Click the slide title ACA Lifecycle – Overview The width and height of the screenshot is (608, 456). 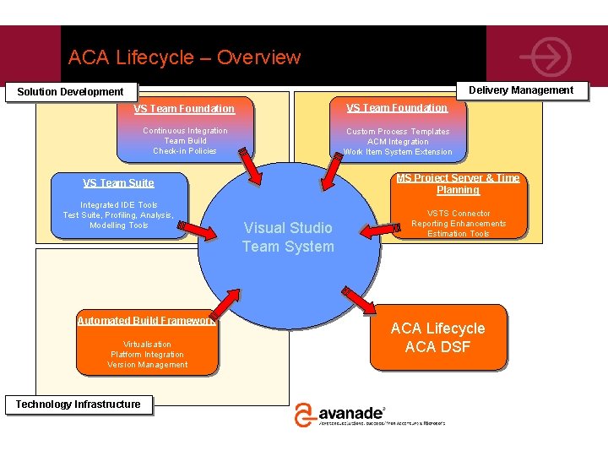tap(184, 57)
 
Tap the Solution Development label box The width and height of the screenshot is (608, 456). tap(71, 91)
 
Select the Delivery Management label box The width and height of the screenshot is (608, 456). tap(520, 90)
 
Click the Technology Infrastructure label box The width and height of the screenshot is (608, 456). tap(78, 404)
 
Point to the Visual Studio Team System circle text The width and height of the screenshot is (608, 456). tap(288, 237)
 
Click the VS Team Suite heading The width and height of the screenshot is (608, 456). tap(118, 182)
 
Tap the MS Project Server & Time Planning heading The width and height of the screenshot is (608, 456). tap(458, 184)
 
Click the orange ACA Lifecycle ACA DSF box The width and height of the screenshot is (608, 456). tap(437, 338)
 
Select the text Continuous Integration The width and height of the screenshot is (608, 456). tap(185, 131)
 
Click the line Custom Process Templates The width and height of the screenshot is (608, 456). tap(398, 132)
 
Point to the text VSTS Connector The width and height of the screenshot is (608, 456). tap(459, 214)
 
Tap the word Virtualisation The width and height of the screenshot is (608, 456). tap(147, 345)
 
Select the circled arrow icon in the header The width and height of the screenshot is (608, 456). tap(546, 57)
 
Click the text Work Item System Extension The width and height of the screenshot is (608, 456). tap(398, 152)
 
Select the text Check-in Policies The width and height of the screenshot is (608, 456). tap(185, 151)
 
